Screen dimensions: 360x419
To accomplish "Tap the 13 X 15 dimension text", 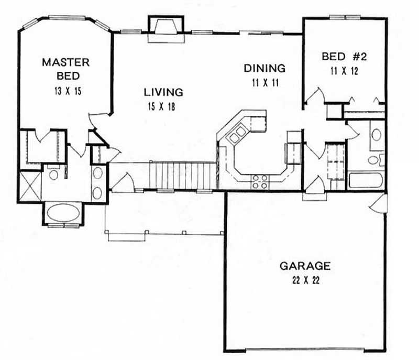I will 65,90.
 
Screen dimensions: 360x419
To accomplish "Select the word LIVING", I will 163,92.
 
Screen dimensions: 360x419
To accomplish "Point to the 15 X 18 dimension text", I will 163,106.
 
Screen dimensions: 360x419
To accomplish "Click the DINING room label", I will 264,68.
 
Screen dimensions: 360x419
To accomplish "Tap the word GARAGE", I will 304,266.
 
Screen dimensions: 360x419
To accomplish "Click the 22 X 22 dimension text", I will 304,280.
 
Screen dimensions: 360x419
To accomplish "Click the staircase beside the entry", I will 183,175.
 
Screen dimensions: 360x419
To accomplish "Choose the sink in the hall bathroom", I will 376,134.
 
